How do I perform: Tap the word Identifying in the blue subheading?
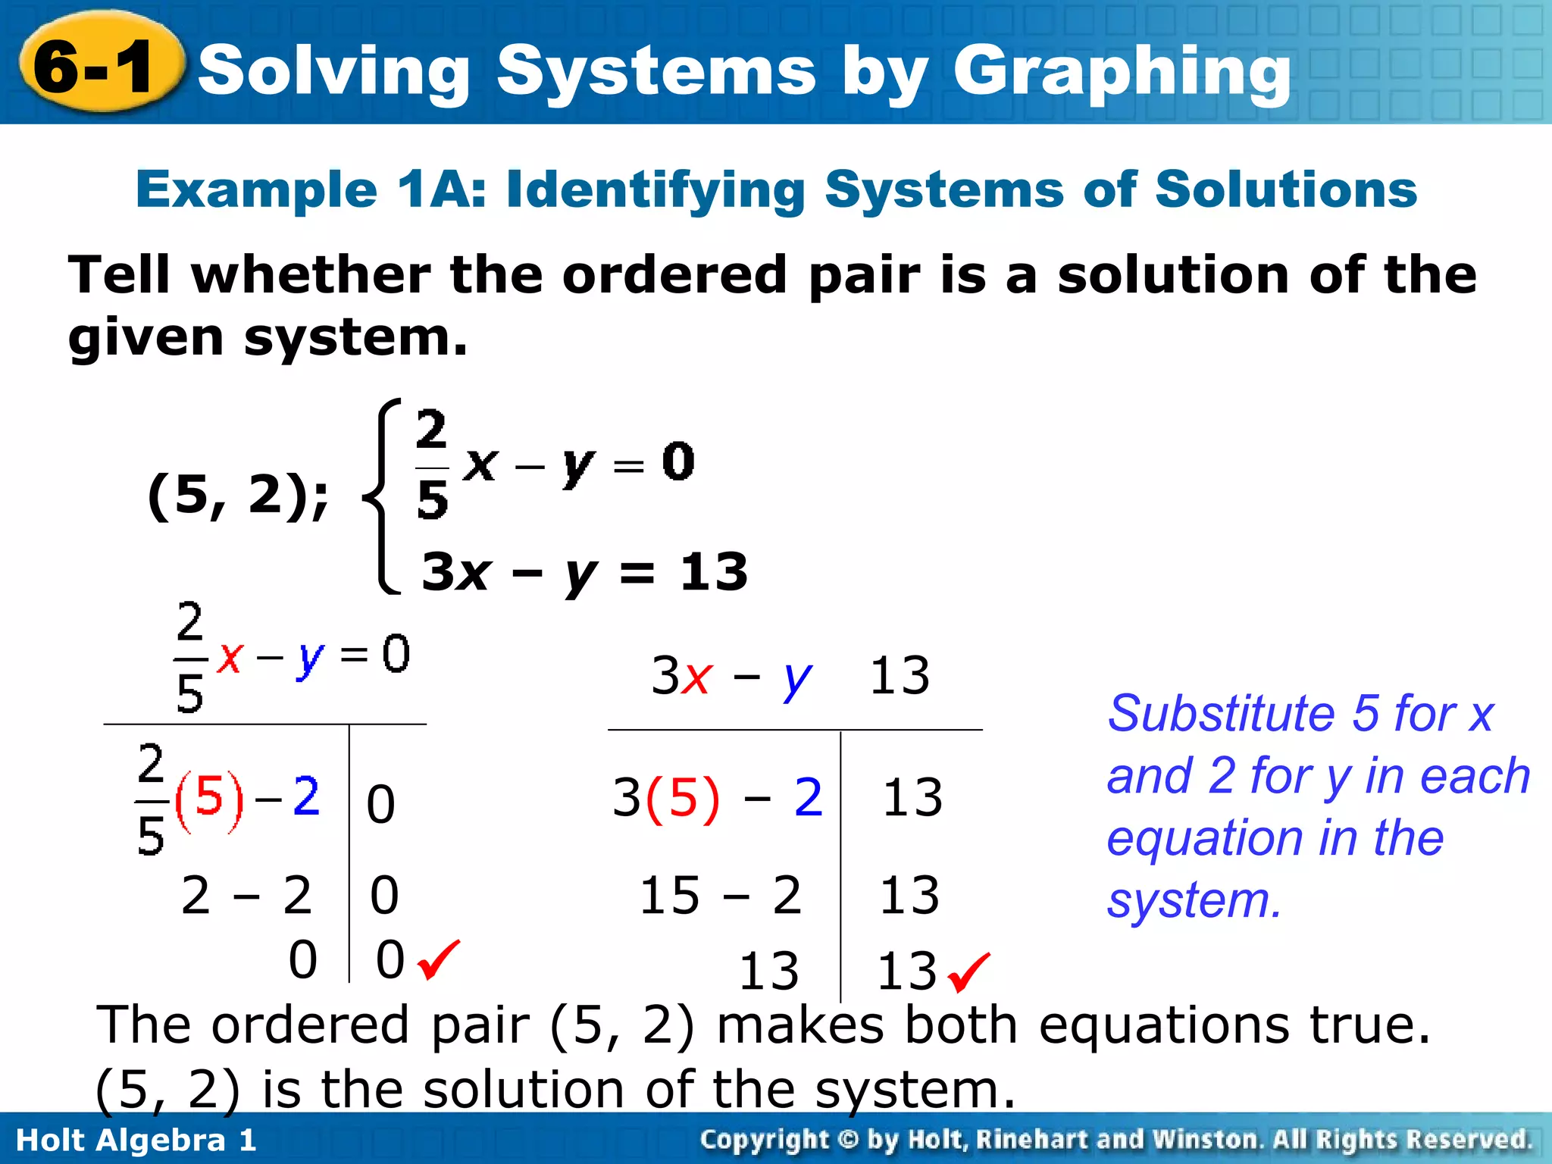tap(655, 189)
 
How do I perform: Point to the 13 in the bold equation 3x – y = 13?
tap(713, 572)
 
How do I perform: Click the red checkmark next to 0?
tap(438, 959)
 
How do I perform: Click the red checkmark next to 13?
tap(968, 972)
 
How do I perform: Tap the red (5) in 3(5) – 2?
tap(683, 798)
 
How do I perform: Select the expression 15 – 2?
tap(720, 895)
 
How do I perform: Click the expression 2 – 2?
tap(246, 895)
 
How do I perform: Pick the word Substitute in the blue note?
tap(1221, 714)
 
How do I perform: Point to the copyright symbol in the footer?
tap(848, 1140)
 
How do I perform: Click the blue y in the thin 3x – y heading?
tap(796, 678)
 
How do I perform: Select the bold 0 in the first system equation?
tap(677, 462)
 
